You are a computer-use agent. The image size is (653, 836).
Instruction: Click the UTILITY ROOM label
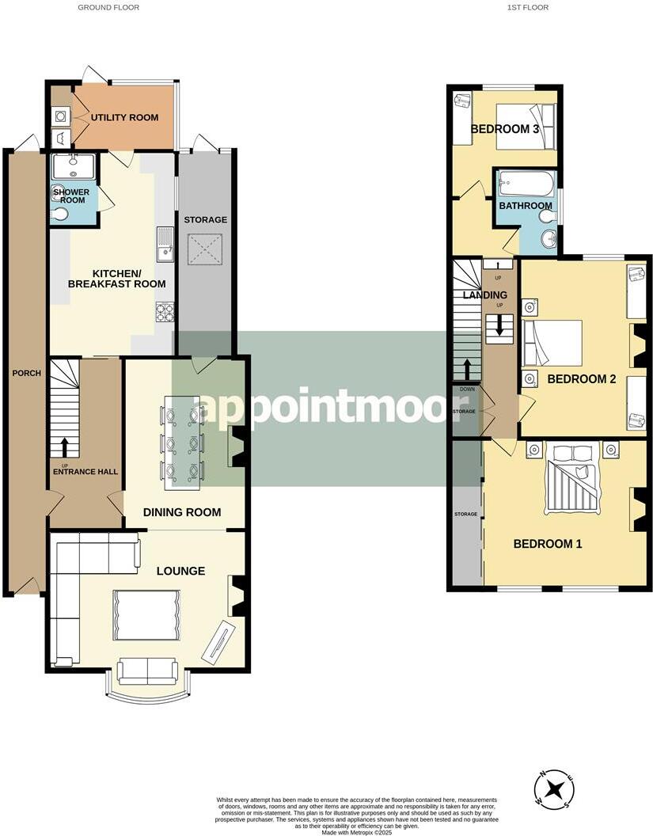124,118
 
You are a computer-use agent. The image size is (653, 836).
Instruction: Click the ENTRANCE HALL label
85,472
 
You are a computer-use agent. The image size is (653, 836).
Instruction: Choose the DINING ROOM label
181,512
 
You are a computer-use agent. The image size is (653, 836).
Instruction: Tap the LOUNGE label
180,571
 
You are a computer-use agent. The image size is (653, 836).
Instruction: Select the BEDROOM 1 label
548,544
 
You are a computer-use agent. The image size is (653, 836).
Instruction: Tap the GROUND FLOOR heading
108,7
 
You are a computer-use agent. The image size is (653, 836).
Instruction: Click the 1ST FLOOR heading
528,7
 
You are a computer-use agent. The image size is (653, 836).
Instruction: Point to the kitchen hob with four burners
165,313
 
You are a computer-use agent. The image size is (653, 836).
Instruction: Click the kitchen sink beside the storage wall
165,244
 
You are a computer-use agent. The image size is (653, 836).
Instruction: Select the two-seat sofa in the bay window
147,671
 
